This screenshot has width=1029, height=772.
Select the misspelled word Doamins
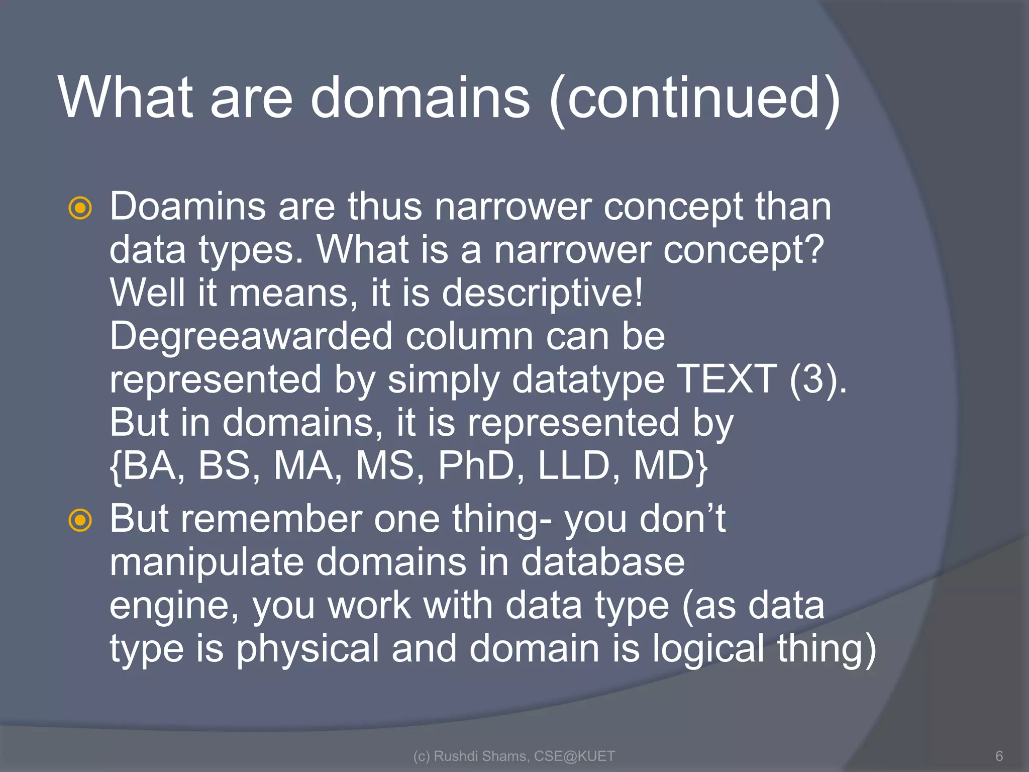187,207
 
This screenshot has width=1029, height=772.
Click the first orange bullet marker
80,208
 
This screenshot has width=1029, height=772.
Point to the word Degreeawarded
251,336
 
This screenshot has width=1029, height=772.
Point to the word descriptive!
542,293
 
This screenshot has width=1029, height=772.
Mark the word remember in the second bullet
271,519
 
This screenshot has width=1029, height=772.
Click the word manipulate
207,562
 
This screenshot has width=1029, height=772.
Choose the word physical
307,649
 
